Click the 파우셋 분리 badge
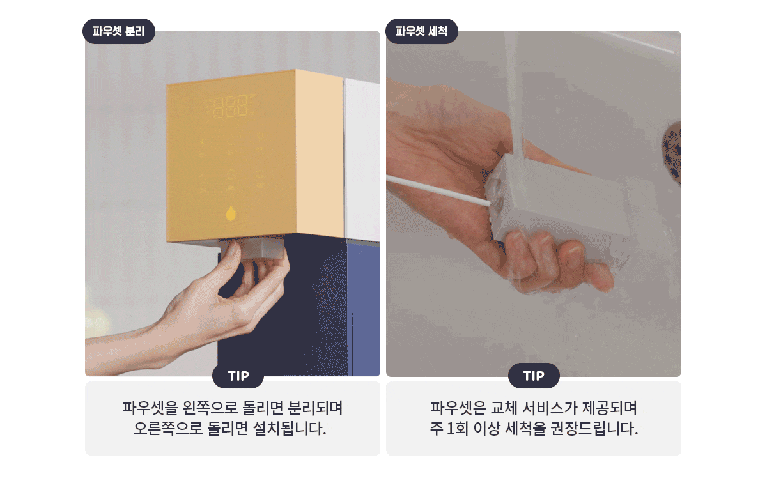[119, 31]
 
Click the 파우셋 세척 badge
[421, 31]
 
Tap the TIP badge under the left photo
[238, 376]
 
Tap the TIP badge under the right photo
[534, 376]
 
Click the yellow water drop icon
[231, 213]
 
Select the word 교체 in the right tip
[501, 407]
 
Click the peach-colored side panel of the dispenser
[320, 153]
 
